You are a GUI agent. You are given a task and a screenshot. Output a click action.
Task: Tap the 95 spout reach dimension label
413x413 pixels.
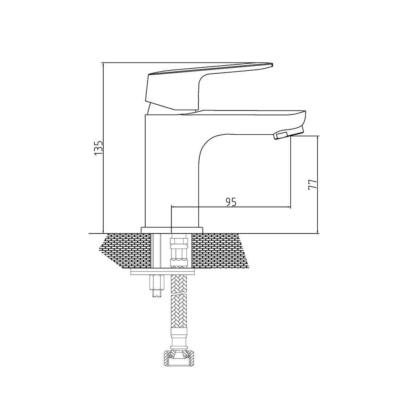(231, 202)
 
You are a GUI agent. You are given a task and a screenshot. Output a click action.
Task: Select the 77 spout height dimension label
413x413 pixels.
(313, 184)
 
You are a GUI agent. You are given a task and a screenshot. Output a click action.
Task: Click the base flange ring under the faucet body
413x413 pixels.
(172, 230)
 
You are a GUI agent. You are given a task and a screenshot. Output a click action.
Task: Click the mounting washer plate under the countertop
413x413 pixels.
(163, 272)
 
